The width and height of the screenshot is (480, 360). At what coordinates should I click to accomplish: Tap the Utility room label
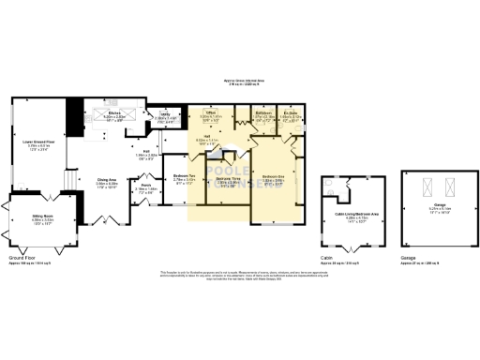(x=164, y=113)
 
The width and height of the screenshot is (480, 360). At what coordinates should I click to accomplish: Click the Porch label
(x=147, y=186)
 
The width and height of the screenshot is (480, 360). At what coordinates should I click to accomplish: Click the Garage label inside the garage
(x=427, y=207)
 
